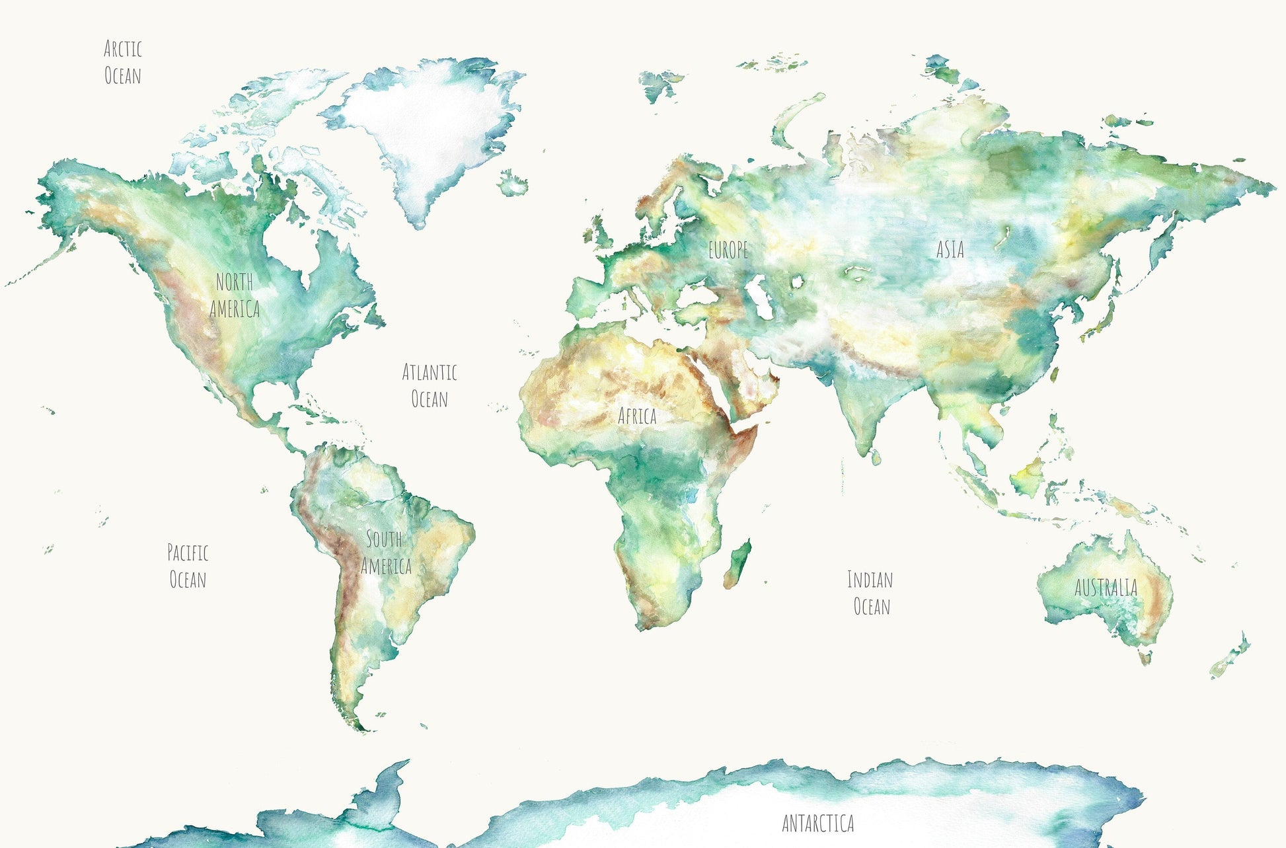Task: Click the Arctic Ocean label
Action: (x=123, y=62)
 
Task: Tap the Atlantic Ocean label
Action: (x=430, y=385)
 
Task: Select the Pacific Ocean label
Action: (x=188, y=566)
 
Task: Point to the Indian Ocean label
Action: (x=870, y=593)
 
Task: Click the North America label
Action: (x=235, y=295)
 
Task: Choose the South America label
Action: (x=386, y=553)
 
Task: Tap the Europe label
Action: (x=728, y=250)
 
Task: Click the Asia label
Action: (x=950, y=249)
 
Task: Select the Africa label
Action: (x=637, y=416)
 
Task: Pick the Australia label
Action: (x=1106, y=588)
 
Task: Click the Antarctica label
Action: (x=818, y=824)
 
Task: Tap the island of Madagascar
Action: (x=738, y=565)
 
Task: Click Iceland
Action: (x=513, y=182)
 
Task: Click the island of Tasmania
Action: (x=1145, y=656)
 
